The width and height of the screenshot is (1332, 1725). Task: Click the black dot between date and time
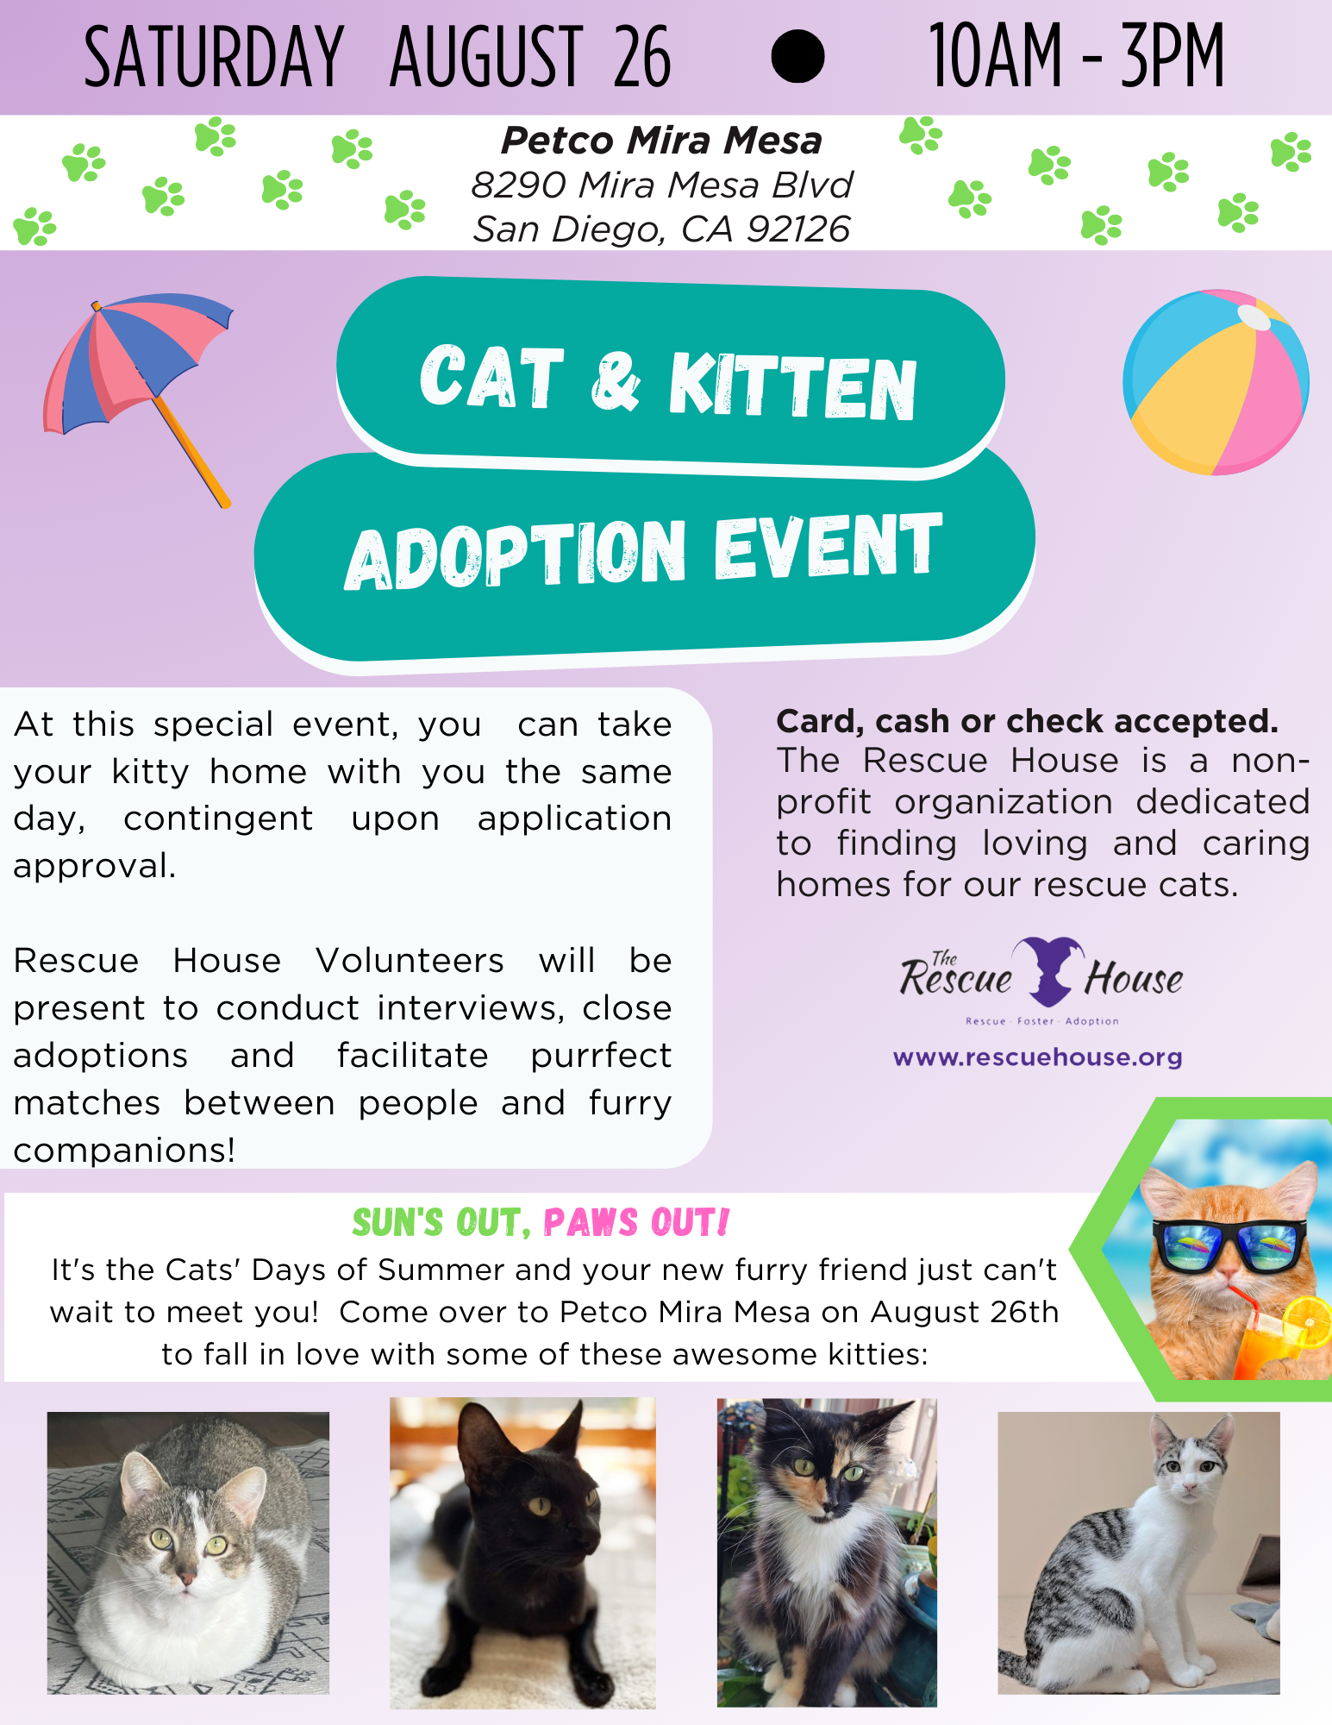[797, 56]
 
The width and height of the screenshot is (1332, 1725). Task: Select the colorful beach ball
[1216, 382]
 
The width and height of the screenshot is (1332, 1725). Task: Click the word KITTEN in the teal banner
[792, 386]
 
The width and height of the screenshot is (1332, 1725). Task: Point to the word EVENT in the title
[828, 547]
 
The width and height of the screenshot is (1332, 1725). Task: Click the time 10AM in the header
[995, 57]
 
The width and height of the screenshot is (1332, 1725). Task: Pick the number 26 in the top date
[641, 58]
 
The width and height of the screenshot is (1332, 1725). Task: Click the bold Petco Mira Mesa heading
[661, 141]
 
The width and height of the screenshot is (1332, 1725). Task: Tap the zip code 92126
[798, 229]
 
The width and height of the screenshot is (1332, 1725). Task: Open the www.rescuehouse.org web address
[1037, 1057]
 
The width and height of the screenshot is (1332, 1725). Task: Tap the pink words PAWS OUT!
[636, 1222]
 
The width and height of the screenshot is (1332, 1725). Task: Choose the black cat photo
[522, 1552]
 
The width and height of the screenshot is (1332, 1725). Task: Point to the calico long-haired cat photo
[827, 1552]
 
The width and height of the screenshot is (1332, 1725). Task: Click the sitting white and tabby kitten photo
[1139, 1552]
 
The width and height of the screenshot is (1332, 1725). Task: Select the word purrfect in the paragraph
[601, 1057]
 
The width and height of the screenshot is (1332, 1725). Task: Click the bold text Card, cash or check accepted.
[1027, 721]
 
